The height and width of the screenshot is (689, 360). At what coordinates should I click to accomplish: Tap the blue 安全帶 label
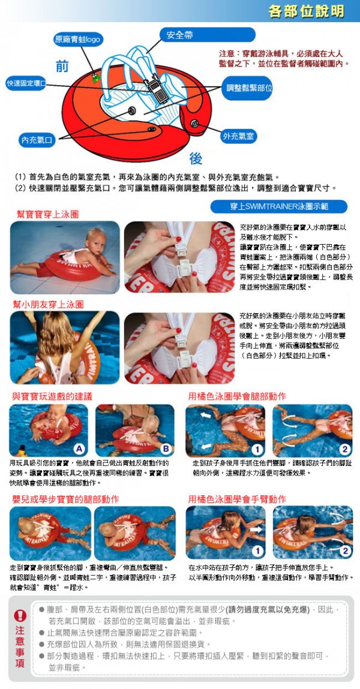(179, 35)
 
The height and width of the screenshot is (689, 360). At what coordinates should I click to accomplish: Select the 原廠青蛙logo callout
(78, 40)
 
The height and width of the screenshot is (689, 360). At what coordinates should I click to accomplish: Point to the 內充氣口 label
(37, 140)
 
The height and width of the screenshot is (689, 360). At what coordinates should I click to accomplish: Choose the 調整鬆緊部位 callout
(249, 88)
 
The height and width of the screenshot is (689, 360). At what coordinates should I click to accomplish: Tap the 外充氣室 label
(238, 136)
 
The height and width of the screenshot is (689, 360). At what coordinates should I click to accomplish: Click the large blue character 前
(62, 67)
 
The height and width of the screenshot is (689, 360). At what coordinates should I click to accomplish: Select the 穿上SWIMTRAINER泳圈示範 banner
(279, 207)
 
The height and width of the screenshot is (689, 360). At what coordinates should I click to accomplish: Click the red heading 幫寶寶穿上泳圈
(47, 213)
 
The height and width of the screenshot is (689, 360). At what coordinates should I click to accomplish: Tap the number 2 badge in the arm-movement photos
(345, 550)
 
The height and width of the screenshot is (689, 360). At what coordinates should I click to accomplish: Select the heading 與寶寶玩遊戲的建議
(52, 396)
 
